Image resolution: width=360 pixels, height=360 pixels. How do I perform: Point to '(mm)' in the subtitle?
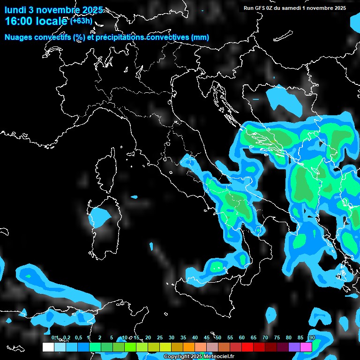200,37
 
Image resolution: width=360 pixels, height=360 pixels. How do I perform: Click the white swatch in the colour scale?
48,347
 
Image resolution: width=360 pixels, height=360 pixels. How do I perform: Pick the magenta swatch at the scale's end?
306,347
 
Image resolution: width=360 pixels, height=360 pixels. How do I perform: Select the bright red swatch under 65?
247,347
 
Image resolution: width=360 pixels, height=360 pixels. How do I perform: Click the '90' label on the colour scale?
312,338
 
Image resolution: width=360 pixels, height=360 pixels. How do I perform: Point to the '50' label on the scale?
218,338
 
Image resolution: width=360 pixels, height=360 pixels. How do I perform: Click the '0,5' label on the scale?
78,338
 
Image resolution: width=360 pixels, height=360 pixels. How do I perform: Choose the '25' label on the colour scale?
160,338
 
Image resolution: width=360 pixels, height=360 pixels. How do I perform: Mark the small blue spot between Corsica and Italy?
135,197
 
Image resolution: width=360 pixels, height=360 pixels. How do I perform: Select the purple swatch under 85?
294,347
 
